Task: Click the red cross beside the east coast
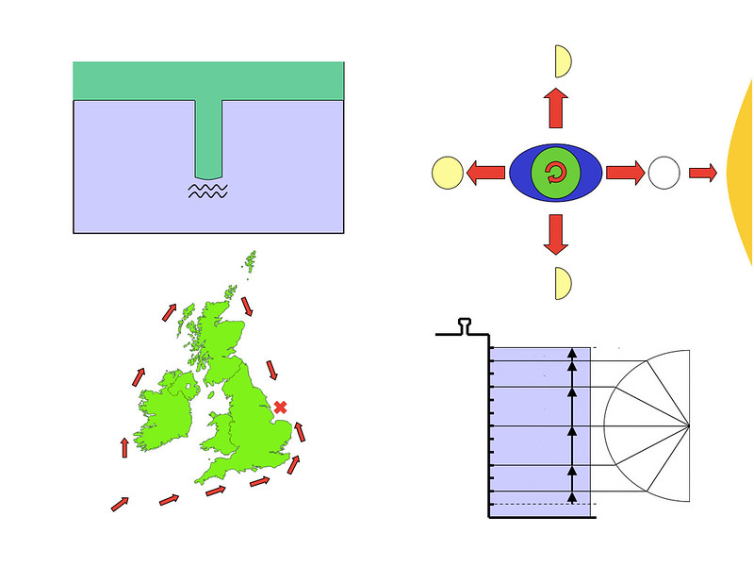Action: coord(280,407)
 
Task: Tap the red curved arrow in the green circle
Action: coord(555,173)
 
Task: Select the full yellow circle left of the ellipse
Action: coord(447,173)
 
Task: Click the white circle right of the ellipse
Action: coord(664,173)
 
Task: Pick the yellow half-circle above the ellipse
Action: coord(563,60)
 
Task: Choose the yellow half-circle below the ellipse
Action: coord(563,283)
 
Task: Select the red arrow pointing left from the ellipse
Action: coord(485,173)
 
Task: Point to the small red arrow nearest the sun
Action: coord(703,173)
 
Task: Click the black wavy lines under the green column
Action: coord(207,191)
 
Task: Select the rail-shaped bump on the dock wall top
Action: coord(466,326)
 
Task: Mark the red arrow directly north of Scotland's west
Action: coord(168,312)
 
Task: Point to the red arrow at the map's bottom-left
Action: coord(120,504)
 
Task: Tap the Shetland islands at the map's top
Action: coord(251,259)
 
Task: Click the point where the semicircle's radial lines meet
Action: coord(689,425)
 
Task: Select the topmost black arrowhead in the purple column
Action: coord(571,353)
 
